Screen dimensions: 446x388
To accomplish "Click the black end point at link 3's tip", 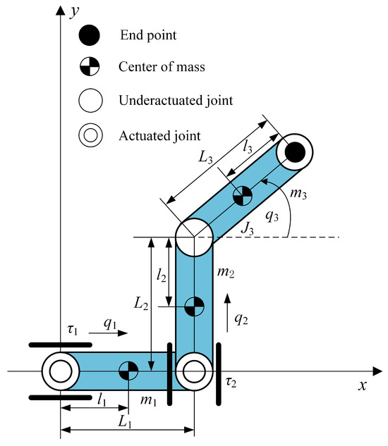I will point(294,151).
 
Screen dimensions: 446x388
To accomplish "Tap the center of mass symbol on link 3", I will point(242,195).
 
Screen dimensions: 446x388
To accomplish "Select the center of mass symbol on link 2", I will point(193,306).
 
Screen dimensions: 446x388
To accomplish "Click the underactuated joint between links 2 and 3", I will point(193,237).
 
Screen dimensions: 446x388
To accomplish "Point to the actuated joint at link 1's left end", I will point(60,370).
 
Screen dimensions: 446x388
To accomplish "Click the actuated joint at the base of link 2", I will point(193,370).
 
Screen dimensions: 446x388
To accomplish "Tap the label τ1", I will point(73,330).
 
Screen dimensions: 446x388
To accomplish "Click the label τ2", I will point(230,382).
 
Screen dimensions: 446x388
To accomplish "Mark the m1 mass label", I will point(147,399).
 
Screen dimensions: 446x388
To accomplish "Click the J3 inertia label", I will point(247,227).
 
